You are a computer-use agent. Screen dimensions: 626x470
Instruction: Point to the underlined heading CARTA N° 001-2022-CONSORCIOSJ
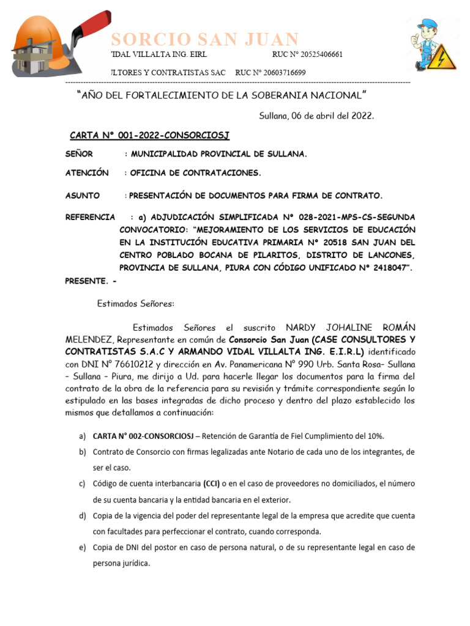pyautogui.click(x=149, y=134)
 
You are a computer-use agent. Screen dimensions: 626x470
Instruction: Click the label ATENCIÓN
pyautogui.click(x=87, y=173)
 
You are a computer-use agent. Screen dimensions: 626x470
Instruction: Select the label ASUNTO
pyautogui.click(x=83, y=196)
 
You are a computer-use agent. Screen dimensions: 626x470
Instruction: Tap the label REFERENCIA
pyautogui.click(x=90, y=217)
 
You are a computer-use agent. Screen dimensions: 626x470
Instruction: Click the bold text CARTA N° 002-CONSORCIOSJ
pyautogui.click(x=143, y=436)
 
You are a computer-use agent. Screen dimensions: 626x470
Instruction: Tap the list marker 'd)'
pyautogui.click(x=82, y=516)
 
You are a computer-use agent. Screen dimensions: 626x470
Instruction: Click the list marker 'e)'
pyautogui.click(x=82, y=548)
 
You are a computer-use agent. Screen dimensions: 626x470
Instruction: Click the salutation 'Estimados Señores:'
pyautogui.click(x=136, y=303)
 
